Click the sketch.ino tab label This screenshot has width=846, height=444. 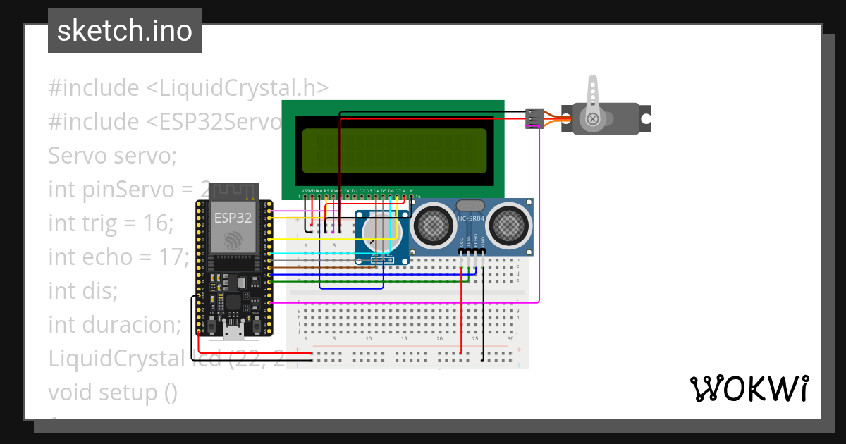[124, 31]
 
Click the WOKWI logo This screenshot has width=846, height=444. [748, 388]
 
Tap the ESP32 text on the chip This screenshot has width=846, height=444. [233, 218]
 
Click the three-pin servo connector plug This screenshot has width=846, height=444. [534, 118]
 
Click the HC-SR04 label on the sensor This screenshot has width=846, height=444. [471, 219]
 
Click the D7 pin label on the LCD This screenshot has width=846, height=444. [398, 191]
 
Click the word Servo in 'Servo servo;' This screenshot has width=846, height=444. [76, 155]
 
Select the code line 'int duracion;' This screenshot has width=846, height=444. [114, 324]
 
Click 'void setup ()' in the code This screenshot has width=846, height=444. [113, 392]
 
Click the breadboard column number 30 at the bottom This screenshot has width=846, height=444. [510, 339]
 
